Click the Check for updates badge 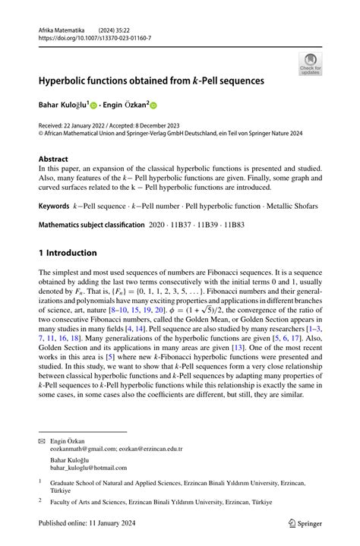pyautogui.click(x=310, y=64)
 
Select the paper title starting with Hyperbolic pyautogui.click(x=152, y=79)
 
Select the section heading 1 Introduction pyautogui.click(x=68, y=252)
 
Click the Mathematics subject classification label pyautogui.click(x=91, y=226)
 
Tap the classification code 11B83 pyautogui.click(x=245, y=226)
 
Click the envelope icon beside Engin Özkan pyautogui.click(x=42, y=441)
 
